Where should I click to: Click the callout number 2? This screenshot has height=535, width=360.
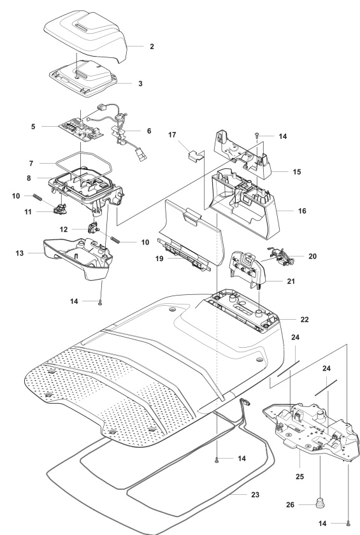click(151, 46)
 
